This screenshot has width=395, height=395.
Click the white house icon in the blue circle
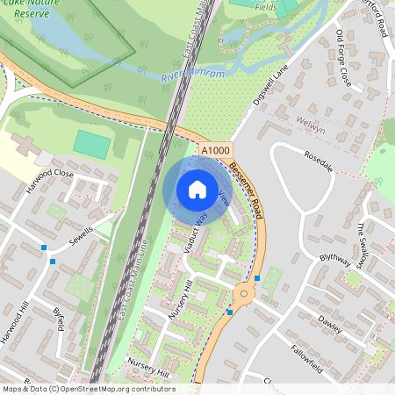(x=197, y=189)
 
